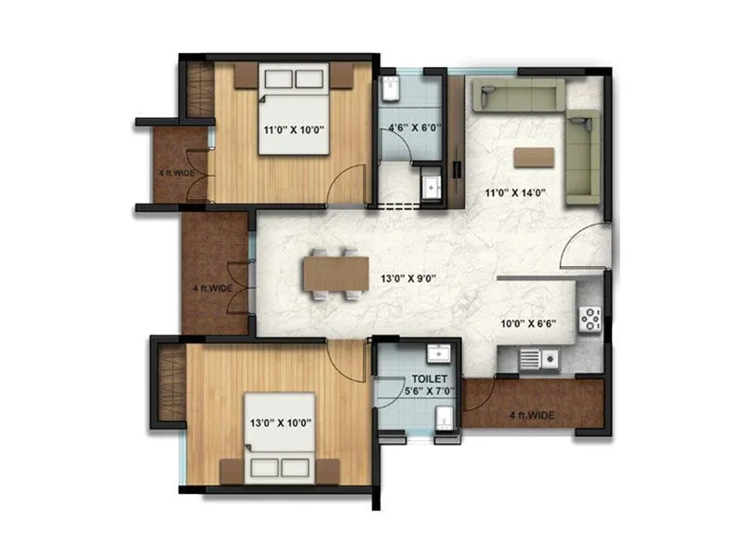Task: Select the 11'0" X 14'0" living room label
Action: tap(514, 194)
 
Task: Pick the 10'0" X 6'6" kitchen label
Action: tap(526, 326)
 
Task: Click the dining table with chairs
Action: tap(331, 275)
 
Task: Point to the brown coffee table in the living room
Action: tap(532, 155)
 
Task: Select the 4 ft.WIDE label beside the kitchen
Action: tap(534, 415)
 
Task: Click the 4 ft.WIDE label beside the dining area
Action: tap(213, 288)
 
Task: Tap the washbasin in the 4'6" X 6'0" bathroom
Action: tap(430, 184)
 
